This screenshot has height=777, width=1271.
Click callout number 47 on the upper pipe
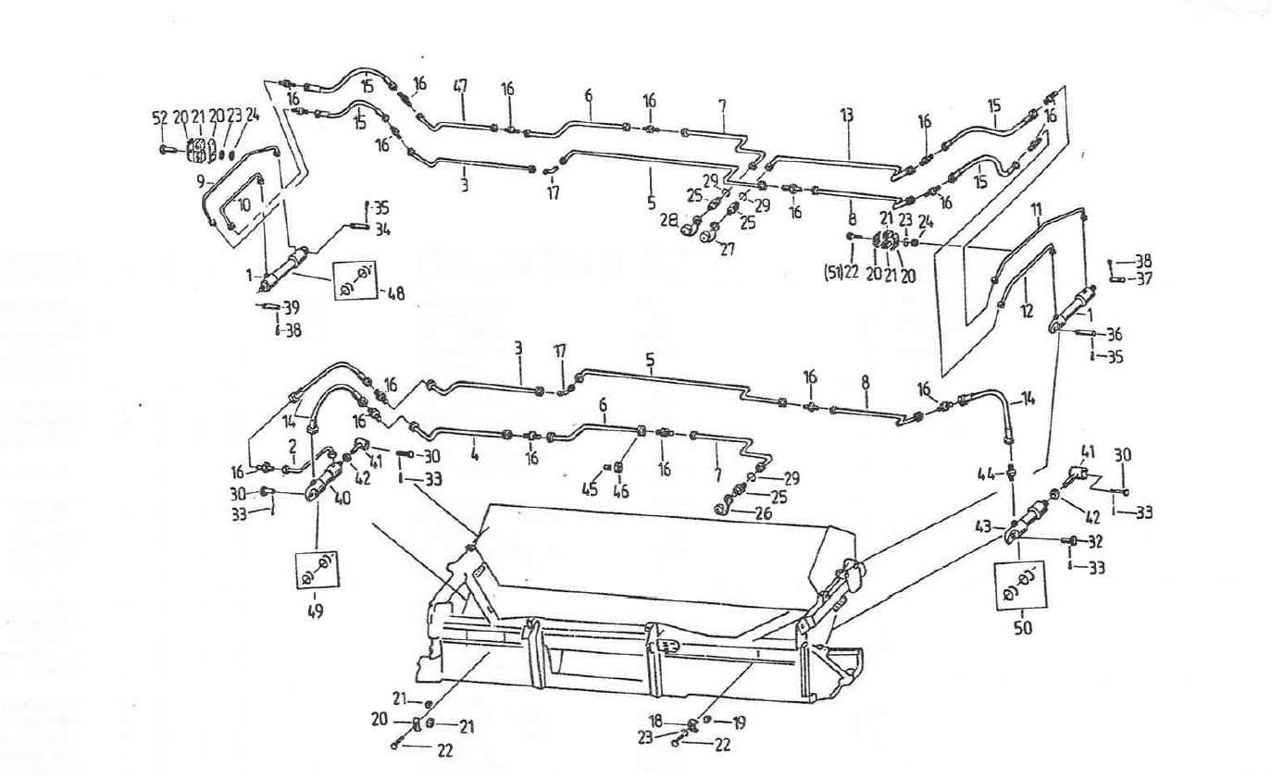click(x=460, y=86)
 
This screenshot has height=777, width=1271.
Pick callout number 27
click(x=727, y=249)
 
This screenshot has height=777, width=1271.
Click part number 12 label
click(x=1027, y=313)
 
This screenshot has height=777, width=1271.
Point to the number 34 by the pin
click(x=381, y=228)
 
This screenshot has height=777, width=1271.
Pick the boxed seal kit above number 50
click(x=1023, y=584)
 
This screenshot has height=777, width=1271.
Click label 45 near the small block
click(x=590, y=490)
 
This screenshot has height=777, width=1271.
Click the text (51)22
click(x=841, y=275)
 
